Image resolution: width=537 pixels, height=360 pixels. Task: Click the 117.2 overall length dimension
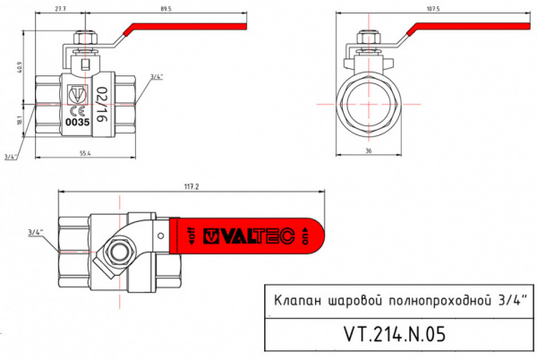pyautogui.click(x=189, y=186)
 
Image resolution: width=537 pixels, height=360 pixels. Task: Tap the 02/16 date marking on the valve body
pyautogui.click(x=100, y=105)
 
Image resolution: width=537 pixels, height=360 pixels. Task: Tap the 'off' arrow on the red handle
pyautogui.click(x=190, y=237)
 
